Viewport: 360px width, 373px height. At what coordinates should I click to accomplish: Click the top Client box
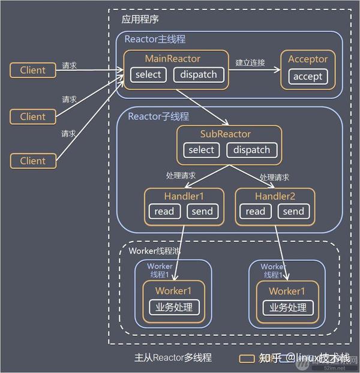pyautogui.click(x=32, y=70)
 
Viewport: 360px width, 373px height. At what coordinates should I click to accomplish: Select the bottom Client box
pyautogui.click(x=32, y=161)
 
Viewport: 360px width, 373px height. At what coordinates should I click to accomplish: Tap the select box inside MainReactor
pyautogui.click(x=148, y=75)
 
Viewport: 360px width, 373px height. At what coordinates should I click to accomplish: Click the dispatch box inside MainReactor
pyautogui.click(x=199, y=75)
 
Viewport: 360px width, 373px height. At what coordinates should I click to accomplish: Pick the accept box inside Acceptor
pyautogui.click(x=308, y=76)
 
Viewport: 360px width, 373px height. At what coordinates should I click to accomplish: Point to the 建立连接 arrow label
pyautogui.click(x=250, y=62)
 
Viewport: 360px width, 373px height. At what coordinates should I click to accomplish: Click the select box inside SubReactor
pyautogui.click(x=201, y=150)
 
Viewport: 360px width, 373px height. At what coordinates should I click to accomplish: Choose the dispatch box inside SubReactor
pyautogui.click(x=252, y=150)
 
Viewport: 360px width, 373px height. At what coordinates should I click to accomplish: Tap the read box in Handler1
pyautogui.click(x=164, y=211)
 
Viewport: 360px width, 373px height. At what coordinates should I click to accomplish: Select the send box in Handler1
pyautogui.click(x=202, y=211)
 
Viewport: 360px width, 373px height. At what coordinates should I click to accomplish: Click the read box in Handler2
pyautogui.click(x=255, y=211)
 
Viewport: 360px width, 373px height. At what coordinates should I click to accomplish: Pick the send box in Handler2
pyautogui.click(x=293, y=211)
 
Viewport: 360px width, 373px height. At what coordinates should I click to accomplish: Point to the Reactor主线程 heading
pyautogui.click(x=155, y=40)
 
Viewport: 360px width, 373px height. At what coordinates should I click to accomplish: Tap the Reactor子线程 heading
pyautogui.click(x=158, y=116)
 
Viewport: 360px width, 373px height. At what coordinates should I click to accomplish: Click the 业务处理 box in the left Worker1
pyautogui.click(x=173, y=307)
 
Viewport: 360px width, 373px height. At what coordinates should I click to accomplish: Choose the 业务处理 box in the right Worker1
pyautogui.click(x=287, y=307)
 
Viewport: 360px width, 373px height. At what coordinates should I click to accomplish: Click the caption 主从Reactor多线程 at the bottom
pyautogui.click(x=173, y=357)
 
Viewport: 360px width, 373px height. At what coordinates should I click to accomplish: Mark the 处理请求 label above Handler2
pyautogui.click(x=275, y=178)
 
